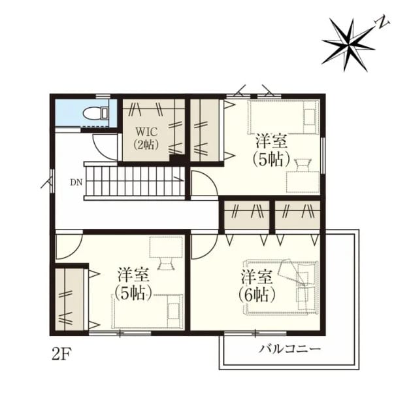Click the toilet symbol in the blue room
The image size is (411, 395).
click(95, 114)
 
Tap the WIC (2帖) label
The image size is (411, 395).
click(146, 138)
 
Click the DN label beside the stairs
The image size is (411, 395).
click(76, 182)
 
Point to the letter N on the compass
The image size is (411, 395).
click(382, 24)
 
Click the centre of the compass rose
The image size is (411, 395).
click(348, 44)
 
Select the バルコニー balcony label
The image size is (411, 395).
click(290, 349)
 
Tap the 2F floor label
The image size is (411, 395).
click(61, 354)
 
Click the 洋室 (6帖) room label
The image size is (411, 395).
click(257, 286)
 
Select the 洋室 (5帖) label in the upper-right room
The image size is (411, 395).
click(272, 150)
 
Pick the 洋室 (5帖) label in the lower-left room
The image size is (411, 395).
click(134, 284)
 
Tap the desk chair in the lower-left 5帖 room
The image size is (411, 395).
click(166, 264)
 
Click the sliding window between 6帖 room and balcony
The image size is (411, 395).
click(255, 334)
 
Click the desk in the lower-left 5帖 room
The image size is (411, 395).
click(166, 247)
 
